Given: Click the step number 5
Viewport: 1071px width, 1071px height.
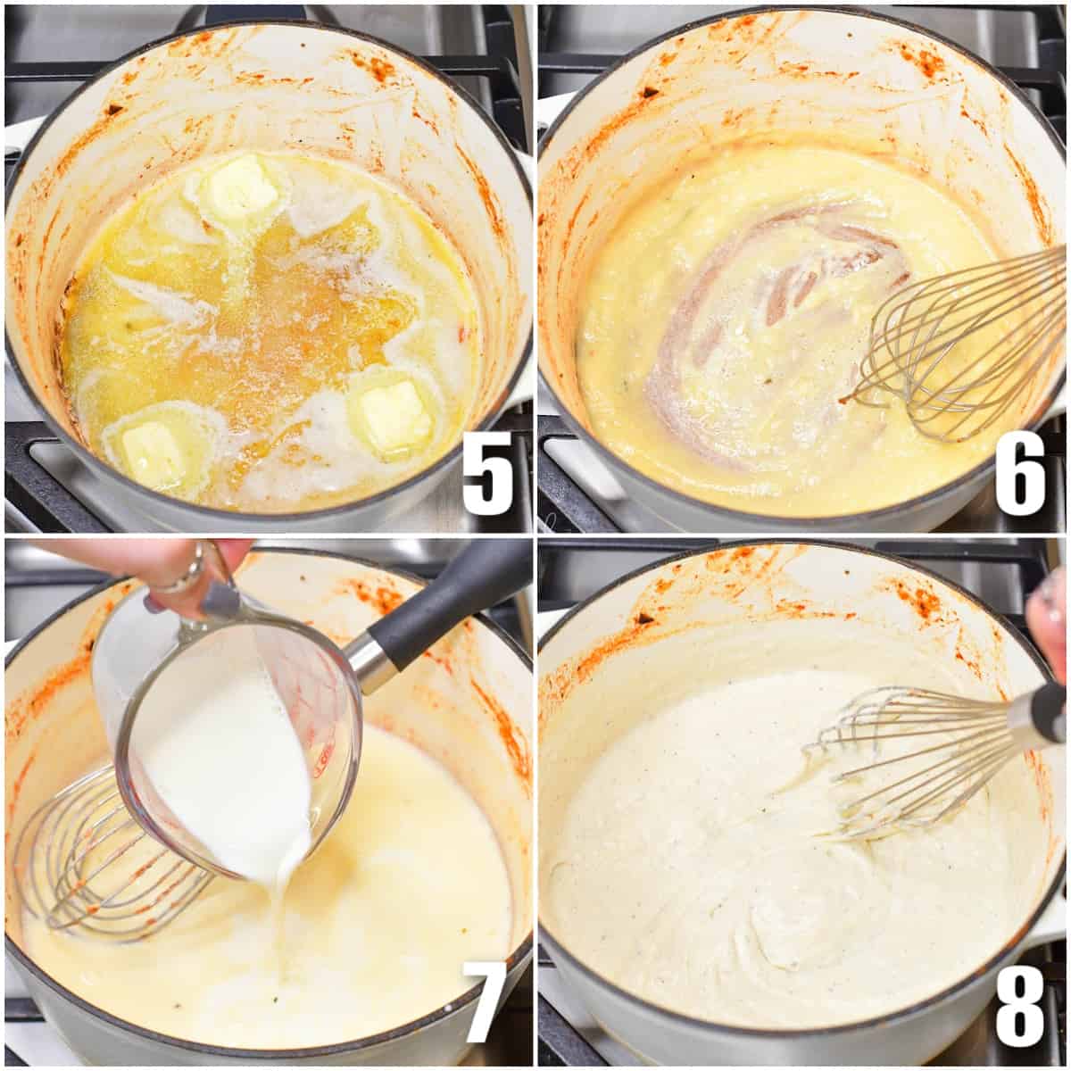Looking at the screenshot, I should [x=488, y=473].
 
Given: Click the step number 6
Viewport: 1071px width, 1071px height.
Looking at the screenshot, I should [x=1020, y=473].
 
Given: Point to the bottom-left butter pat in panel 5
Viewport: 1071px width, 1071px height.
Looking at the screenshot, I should [x=154, y=450].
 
